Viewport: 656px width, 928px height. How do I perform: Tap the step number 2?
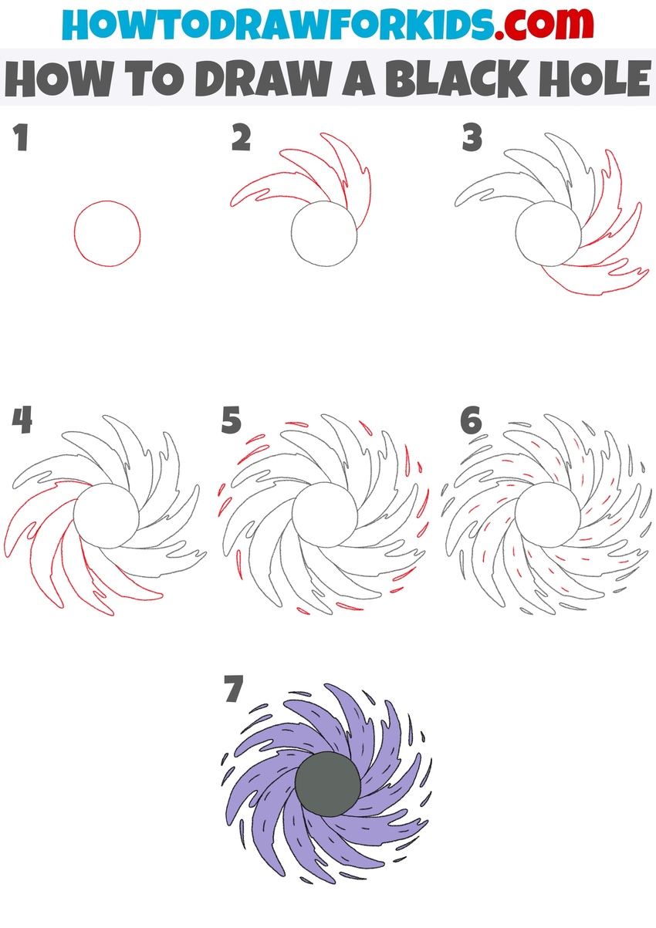click(241, 139)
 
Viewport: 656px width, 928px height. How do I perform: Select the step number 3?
click(472, 139)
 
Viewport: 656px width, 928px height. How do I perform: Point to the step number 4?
click(22, 421)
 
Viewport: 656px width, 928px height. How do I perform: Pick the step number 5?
click(231, 421)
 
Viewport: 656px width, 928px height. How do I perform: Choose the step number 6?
click(470, 421)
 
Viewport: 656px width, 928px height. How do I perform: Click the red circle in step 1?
click(108, 234)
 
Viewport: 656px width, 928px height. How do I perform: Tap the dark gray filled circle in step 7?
click(328, 784)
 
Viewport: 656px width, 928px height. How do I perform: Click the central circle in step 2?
click(325, 234)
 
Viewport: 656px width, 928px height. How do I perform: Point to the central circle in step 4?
click(107, 515)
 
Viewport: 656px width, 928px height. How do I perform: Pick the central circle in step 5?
click(325, 515)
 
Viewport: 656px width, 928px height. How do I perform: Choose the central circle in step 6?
click(547, 515)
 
